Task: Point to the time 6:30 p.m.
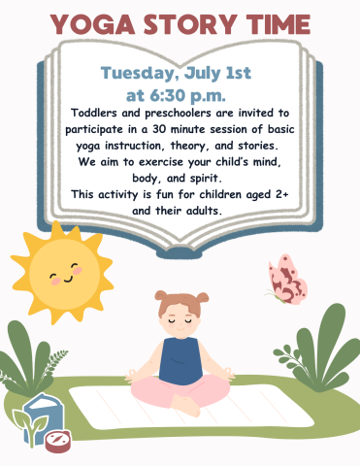[190, 95]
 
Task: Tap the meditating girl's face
[179, 314]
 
